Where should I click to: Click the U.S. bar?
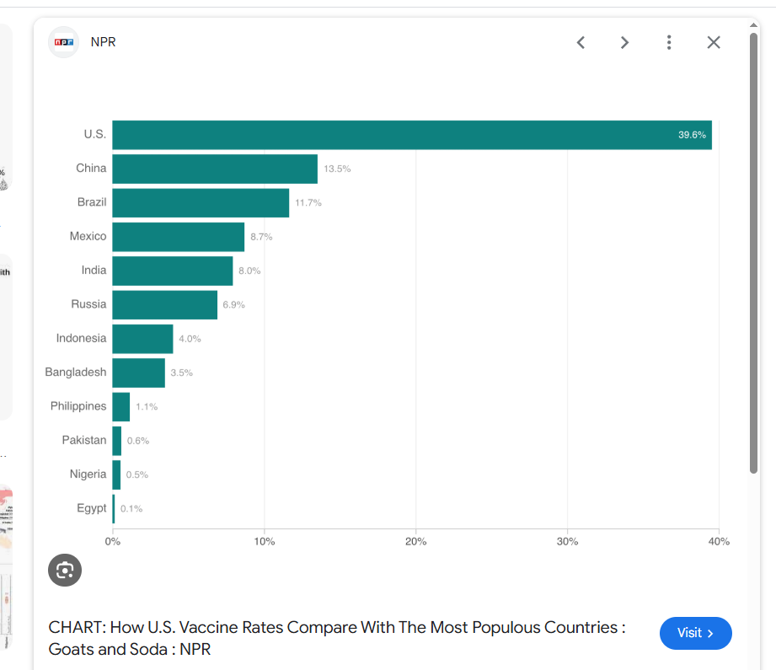click(411, 135)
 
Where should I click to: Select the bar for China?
click(215, 169)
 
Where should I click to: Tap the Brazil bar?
click(201, 202)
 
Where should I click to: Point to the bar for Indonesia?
click(142, 339)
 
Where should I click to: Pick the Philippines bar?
click(121, 406)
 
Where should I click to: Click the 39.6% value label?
click(692, 135)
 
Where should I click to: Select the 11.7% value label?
click(308, 203)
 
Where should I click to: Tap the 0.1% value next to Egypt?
click(131, 509)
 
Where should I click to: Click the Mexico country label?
click(88, 237)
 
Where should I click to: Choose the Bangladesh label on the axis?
click(76, 373)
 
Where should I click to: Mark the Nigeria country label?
click(88, 474)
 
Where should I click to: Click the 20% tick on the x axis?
click(415, 542)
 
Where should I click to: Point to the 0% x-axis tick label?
click(113, 542)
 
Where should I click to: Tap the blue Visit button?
click(695, 633)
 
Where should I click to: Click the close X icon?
click(714, 42)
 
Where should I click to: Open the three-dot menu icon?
click(669, 42)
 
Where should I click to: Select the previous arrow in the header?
click(581, 42)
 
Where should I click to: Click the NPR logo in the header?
click(63, 42)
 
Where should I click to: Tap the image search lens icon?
click(65, 571)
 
